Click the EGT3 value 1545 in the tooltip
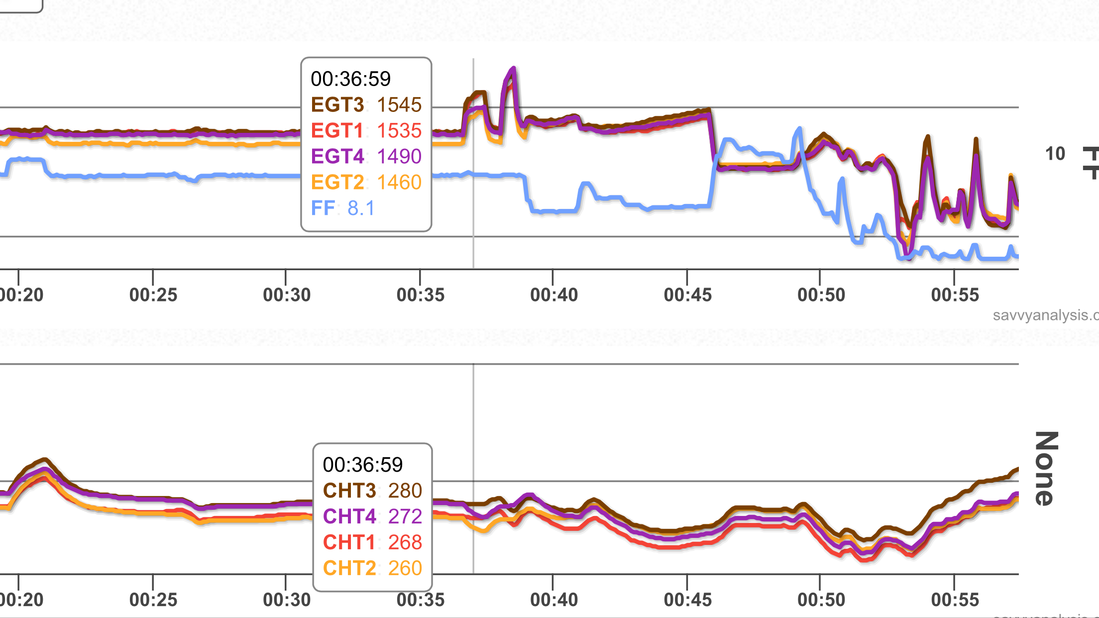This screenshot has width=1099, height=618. (399, 105)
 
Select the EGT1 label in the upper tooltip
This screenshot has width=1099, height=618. (337, 131)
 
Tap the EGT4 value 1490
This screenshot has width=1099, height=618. (399, 157)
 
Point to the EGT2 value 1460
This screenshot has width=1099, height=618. (399, 183)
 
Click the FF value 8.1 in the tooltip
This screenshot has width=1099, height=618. (361, 208)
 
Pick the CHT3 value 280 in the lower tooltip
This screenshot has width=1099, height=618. (405, 491)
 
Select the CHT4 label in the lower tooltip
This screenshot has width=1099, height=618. (349, 517)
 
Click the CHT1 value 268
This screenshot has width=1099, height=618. (405, 543)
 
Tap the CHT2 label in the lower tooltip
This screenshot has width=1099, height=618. (349, 569)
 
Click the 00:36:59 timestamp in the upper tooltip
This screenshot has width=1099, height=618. (351, 79)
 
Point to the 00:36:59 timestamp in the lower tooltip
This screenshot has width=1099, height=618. (363, 465)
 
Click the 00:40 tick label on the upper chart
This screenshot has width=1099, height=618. (554, 295)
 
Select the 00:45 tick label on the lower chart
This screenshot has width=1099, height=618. (688, 600)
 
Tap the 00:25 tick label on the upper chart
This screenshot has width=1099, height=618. (153, 295)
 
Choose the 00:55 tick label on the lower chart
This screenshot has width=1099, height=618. (955, 600)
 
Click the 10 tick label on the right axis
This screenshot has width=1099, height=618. (1055, 154)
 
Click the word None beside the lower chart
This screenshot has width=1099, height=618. (1047, 468)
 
